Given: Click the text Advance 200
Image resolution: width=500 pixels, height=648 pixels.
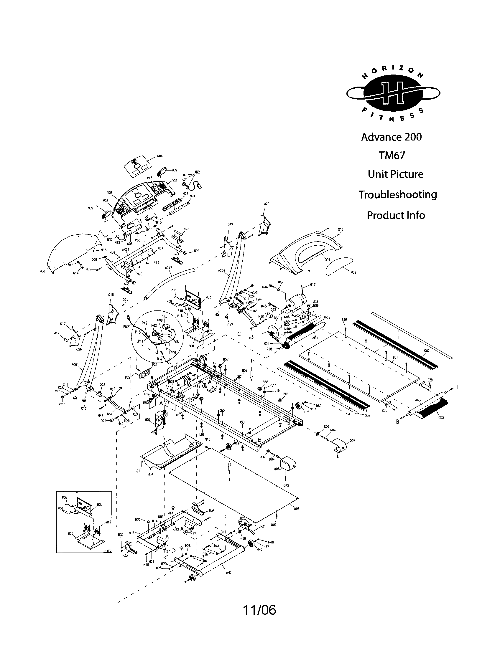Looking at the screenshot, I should (391, 137).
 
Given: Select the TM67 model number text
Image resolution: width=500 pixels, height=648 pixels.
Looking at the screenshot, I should (392, 156).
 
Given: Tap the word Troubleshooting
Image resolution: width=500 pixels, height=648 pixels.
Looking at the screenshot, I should (398, 195).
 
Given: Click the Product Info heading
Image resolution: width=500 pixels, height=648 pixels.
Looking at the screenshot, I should (395, 215).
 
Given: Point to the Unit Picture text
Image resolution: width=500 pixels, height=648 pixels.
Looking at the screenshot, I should (395, 174).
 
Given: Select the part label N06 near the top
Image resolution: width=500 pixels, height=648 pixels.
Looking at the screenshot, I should (160, 156).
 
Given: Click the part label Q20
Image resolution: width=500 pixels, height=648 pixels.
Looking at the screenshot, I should (266, 204).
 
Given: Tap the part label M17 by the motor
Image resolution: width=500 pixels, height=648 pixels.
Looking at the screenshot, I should (313, 285).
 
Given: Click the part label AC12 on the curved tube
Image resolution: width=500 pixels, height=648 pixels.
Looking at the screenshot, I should (168, 268).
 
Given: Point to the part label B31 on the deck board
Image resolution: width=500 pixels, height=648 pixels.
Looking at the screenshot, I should (395, 358).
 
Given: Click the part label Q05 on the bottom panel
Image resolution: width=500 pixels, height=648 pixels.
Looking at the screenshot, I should (297, 509).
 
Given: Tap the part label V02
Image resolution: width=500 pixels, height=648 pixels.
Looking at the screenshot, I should (353, 272).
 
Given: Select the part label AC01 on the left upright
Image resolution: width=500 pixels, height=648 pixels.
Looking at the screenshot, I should (75, 365).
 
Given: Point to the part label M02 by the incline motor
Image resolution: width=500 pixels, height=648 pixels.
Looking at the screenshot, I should (148, 419).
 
